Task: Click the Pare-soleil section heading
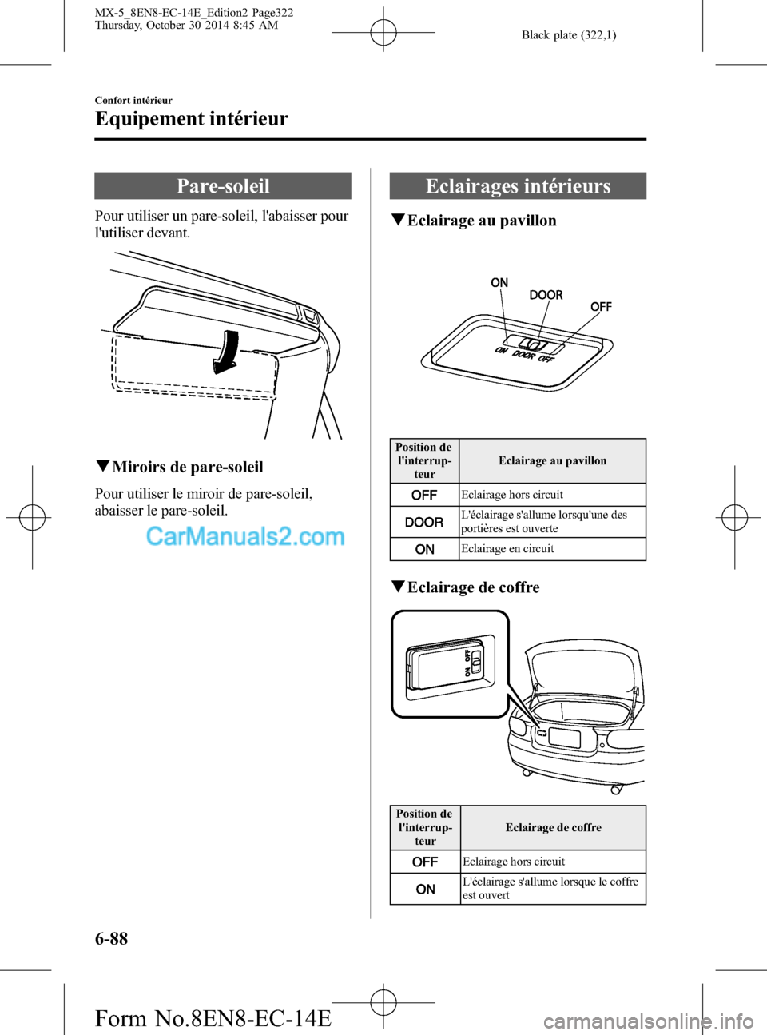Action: (223, 185)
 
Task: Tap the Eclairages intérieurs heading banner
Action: (518, 185)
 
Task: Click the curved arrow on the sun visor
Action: (226, 352)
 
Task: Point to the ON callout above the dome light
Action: (499, 282)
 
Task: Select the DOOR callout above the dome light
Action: (546, 295)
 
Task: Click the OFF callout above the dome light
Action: (601, 307)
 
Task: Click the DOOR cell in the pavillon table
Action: (424, 522)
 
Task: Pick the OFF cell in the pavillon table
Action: (424, 495)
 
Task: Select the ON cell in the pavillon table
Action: (424, 549)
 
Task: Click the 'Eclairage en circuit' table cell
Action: (552, 549)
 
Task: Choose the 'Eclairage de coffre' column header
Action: (554, 827)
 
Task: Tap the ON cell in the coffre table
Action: (426, 889)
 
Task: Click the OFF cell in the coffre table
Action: (426, 862)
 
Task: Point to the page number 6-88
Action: (112, 938)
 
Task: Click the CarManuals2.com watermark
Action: (245, 537)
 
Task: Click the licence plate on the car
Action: (565, 739)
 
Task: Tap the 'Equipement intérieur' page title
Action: (191, 118)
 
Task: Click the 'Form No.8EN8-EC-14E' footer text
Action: (213, 1017)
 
